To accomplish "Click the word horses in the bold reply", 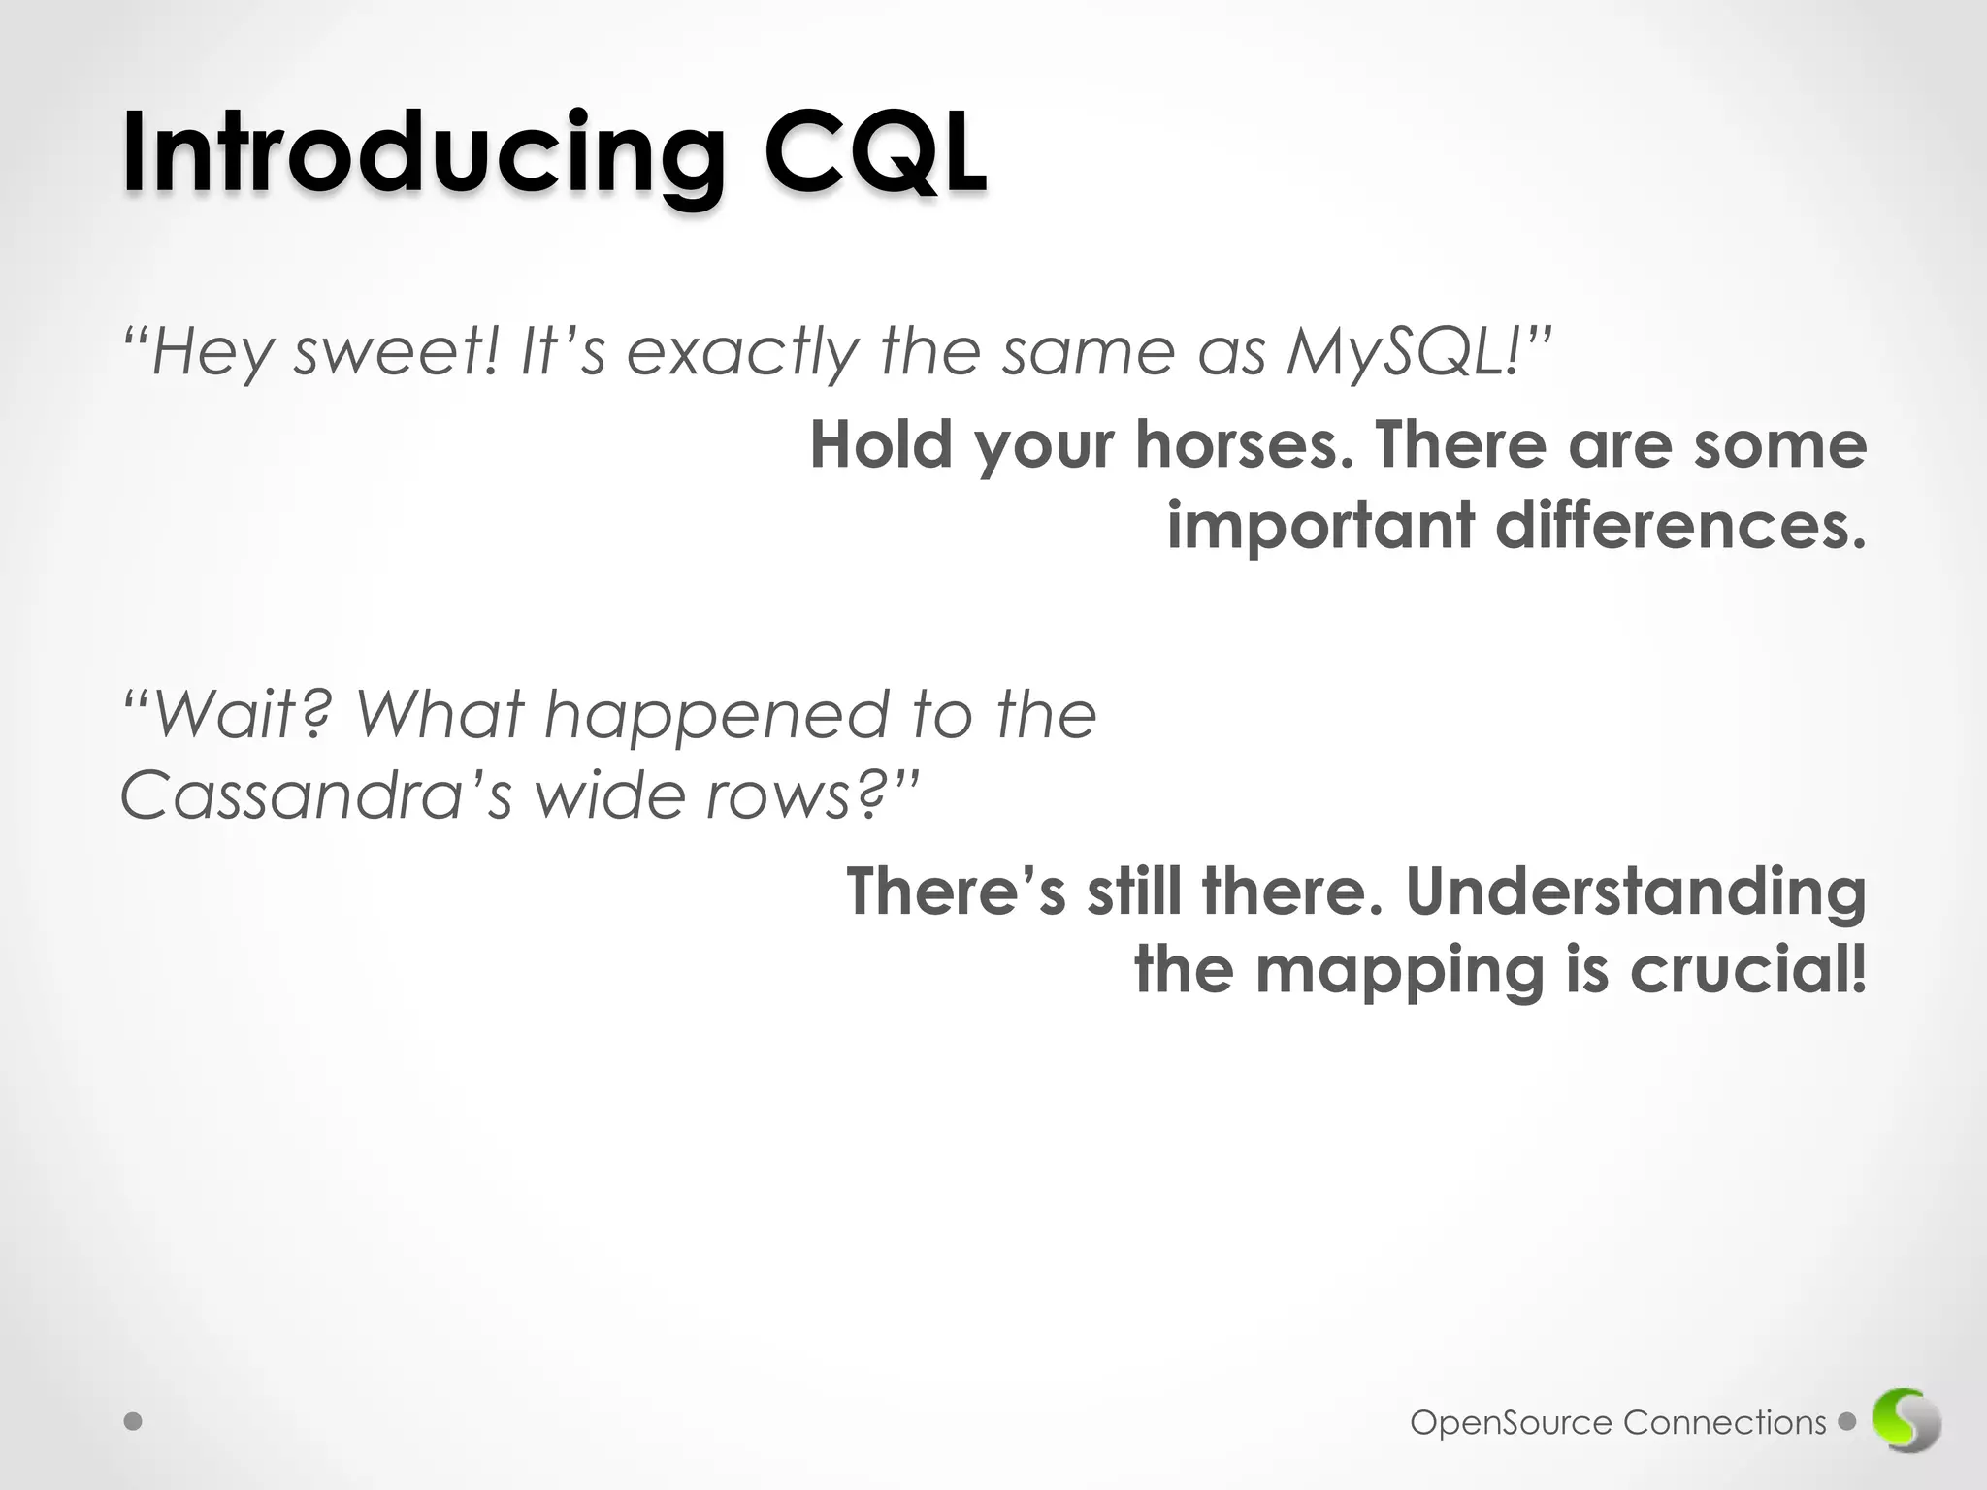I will (1244, 446).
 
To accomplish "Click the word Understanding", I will (1636, 892).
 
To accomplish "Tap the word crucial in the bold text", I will (1746, 970).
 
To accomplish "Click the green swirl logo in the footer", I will (1906, 1422).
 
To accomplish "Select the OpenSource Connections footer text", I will (1617, 1423).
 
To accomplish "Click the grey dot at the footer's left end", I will (134, 1422).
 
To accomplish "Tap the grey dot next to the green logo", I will (1847, 1422).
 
